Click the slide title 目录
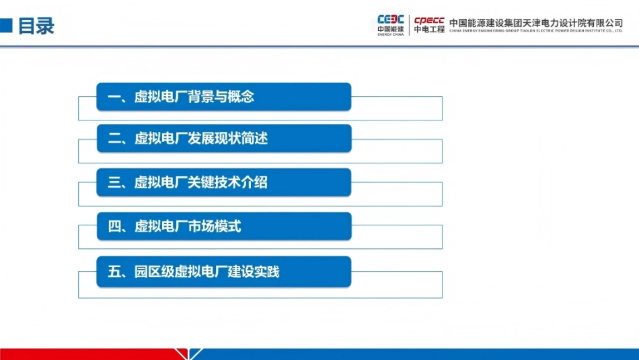pos(36,26)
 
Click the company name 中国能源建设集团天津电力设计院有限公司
pos(536,22)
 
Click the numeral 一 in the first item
pos(114,97)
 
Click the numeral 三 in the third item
pos(114,182)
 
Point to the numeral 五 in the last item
pos(114,272)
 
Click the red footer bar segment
pos(87,354)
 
